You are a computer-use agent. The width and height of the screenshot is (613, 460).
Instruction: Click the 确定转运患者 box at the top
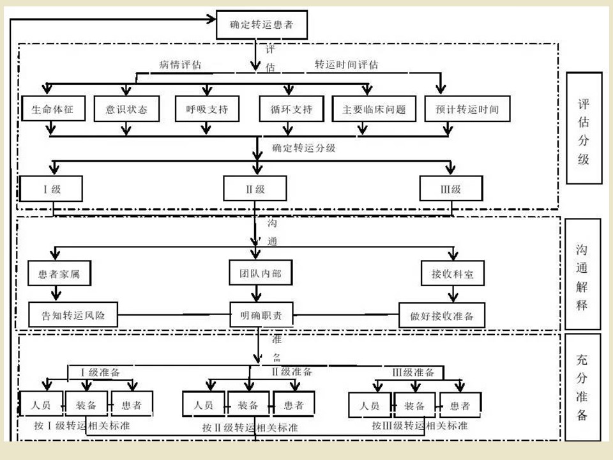point(262,25)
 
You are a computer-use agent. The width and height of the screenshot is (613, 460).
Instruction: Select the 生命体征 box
point(53,109)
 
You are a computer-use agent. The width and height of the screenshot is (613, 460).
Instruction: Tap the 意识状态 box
point(126,109)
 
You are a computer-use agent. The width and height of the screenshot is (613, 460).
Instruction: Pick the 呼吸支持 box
point(207,109)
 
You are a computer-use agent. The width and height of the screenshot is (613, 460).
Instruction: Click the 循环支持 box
point(292,109)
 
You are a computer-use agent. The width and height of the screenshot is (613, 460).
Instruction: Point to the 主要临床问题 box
point(374,109)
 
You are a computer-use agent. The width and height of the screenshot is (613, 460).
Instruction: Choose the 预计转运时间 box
point(467,109)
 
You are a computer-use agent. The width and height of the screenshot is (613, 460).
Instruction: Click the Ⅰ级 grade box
point(51,189)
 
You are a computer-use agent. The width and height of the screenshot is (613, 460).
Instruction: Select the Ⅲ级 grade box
point(451,188)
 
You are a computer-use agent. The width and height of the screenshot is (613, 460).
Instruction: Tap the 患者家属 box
point(59,273)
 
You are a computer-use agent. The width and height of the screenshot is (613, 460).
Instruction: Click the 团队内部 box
point(261,273)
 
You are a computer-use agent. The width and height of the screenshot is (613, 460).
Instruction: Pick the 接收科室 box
point(453,273)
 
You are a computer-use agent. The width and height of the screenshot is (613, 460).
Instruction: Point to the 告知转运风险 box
point(73,314)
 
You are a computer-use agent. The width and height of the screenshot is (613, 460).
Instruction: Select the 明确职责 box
point(262,314)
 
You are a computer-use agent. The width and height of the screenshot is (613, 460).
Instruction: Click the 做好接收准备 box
point(442,315)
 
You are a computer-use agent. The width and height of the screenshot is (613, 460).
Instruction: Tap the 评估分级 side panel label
point(584,128)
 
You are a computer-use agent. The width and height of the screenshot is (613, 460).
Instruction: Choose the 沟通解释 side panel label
point(582,274)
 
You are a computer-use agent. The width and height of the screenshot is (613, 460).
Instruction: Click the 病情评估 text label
point(180,65)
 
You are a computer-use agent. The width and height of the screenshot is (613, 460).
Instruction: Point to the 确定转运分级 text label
point(304,148)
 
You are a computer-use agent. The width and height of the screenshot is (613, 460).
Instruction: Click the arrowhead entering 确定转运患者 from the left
point(211,19)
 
